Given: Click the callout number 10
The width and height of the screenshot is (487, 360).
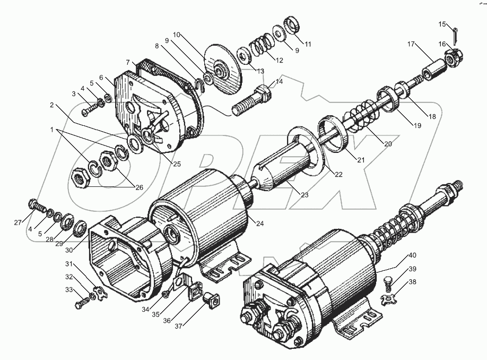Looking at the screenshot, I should pos(177,35).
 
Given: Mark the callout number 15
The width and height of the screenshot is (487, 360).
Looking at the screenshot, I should pos(443,24).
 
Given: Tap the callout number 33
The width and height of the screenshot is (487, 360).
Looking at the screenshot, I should pos(69,290).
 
